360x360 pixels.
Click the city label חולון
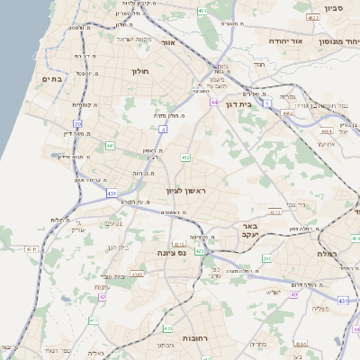(139, 70)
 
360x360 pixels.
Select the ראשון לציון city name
(186, 191)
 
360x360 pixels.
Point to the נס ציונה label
(169, 253)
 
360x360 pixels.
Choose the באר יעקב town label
(244, 229)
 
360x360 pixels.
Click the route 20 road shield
(78, 124)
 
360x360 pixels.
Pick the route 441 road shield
(110, 145)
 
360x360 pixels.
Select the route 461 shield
(202, 11)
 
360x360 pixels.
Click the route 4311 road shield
(31, 248)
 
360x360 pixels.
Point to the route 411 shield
(94, 319)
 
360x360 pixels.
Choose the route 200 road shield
(266, 259)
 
